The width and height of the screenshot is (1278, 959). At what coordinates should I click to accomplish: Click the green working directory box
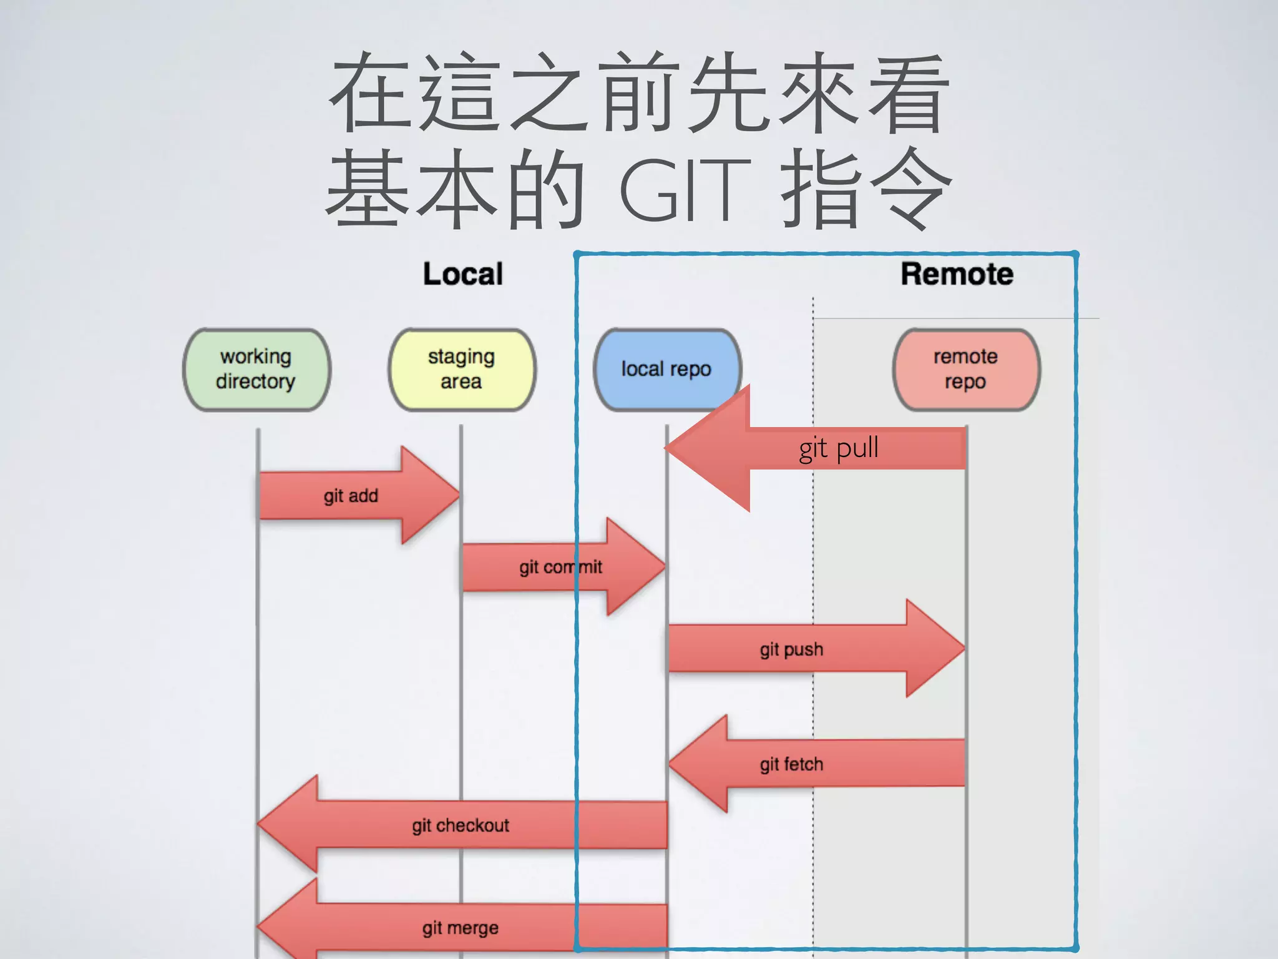click(x=256, y=370)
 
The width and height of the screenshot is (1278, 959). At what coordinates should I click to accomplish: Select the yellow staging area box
click(x=462, y=370)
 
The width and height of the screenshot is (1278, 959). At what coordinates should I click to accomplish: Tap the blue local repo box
click(x=666, y=369)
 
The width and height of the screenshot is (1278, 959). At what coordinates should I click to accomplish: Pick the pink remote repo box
click(x=965, y=370)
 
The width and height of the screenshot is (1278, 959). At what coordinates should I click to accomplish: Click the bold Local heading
click(x=462, y=274)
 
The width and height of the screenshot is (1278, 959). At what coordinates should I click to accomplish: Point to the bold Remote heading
click(x=957, y=274)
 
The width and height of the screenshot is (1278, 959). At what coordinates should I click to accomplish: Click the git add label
click(x=351, y=496)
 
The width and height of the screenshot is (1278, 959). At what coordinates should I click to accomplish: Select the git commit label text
click(x=560, y=567)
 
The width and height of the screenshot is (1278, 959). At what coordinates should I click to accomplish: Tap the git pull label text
click(x=839, y=448)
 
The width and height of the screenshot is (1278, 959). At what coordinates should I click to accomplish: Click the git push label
click(x=791, y=649)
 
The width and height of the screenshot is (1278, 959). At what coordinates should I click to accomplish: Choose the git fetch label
click(x=791, y=764)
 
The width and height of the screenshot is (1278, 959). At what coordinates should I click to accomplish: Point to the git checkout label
click(x=461, y=825)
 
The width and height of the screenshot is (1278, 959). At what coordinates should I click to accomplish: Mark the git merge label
click(x=461, y=928)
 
